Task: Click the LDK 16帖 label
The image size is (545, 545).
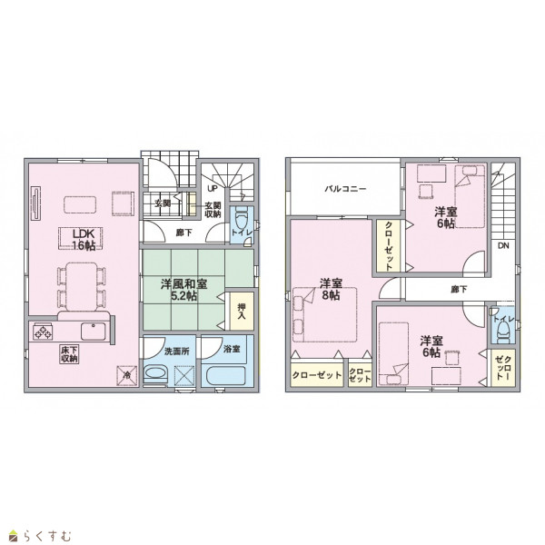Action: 84,239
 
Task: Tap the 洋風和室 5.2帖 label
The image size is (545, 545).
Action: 183,290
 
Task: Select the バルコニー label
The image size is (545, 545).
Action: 345,189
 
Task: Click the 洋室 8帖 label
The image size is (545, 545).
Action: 331,289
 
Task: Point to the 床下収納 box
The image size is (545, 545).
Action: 69,354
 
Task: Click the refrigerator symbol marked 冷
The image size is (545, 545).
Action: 126,375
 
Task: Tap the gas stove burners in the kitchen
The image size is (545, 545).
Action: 43,332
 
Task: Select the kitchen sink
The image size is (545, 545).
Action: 94,332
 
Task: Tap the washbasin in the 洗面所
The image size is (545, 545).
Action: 155,375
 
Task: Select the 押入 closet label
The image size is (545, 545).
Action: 242,312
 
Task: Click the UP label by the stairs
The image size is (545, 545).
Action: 212,188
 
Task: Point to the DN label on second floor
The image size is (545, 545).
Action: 503,246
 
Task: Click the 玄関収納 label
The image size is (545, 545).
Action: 213,210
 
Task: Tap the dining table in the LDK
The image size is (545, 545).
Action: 82,286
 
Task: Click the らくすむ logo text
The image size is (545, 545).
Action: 47,536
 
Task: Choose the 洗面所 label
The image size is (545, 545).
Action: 176,351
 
